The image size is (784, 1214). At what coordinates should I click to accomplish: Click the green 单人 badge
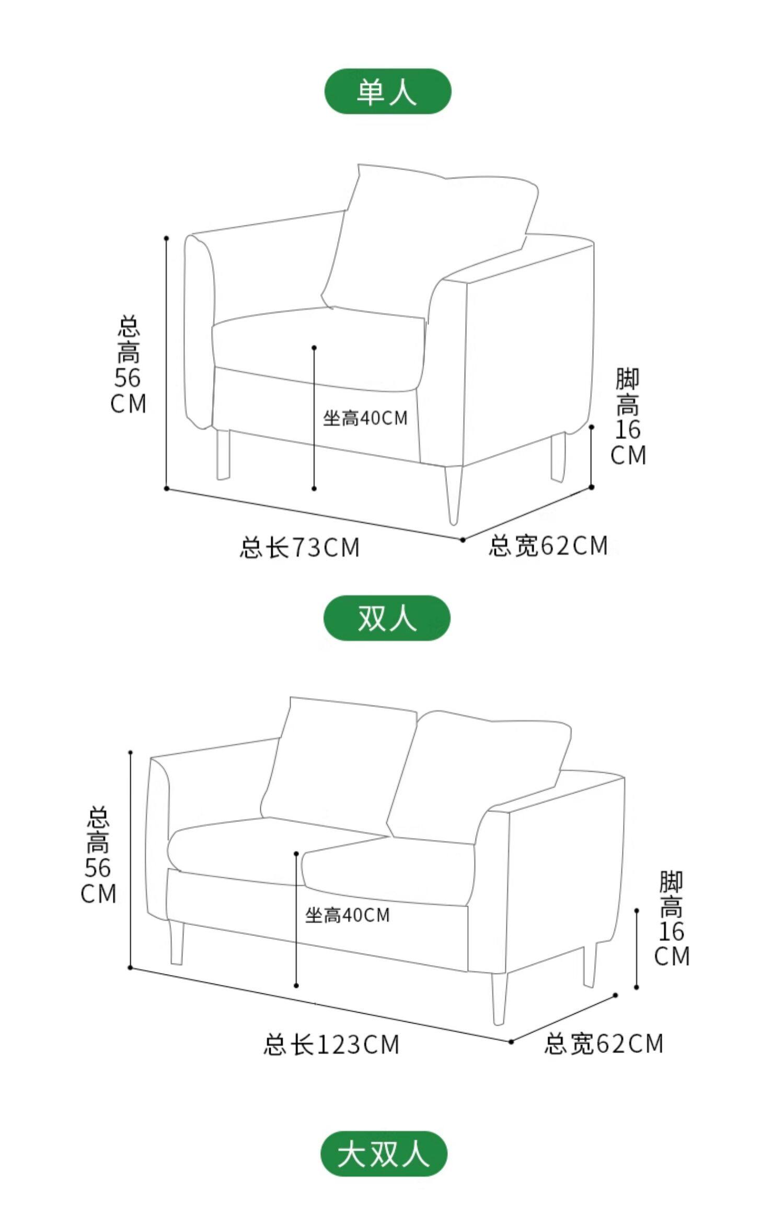pos(387,91)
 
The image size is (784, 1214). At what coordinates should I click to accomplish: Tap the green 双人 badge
pos(387,618)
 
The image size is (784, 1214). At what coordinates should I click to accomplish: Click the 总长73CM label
pos(300,547)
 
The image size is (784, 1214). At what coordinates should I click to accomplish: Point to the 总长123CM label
pos(331,1045)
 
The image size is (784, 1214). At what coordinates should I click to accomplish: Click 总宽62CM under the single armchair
pos(548,546)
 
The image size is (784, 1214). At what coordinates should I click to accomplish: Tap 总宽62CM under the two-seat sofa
pos(604,1044)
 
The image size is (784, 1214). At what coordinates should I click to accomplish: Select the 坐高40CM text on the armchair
pos(365,418)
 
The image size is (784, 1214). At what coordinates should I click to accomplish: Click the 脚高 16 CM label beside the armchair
pos(628,417)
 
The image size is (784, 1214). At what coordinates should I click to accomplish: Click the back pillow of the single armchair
pos(429,235)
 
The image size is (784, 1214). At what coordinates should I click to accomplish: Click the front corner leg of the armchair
pos(453,494)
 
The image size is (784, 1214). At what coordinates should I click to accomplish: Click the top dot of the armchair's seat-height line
pos(314,347)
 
